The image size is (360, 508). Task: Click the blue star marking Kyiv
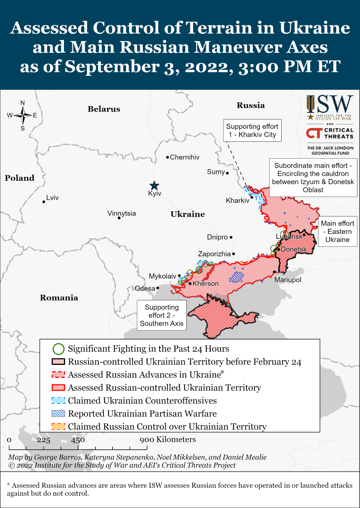[155, 185]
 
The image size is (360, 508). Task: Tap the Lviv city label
[53, 198]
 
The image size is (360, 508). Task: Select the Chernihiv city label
[185, 157]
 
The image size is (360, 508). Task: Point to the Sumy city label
[216, 171]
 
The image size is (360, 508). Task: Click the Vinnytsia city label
[122, 213]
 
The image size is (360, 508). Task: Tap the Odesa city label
[145, 288]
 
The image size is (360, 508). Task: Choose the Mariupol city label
[288, 280]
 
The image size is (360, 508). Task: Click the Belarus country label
[104, 109]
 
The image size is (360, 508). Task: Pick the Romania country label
[59, 298]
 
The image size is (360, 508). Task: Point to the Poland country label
[19, 178]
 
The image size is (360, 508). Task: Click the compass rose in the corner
[22, 115]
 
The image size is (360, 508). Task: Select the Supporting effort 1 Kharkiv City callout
[252, 130]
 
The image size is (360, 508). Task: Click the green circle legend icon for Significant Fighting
[58, 349]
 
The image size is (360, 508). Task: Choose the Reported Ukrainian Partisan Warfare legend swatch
[58, 414]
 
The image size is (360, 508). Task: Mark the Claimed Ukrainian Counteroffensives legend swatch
[58, 400]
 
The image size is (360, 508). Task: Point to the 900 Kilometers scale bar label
[168, 439]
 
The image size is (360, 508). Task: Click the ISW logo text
[330, 104]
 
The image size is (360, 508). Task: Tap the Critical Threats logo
[330, 133]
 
